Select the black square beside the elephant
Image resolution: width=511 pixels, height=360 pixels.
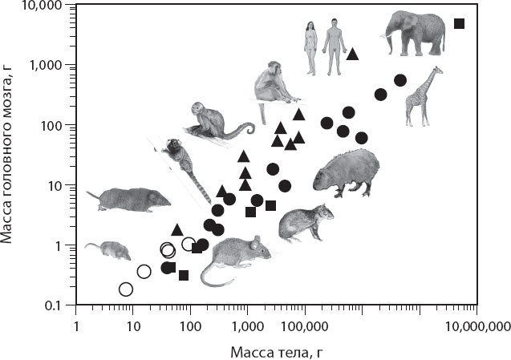(459, 23)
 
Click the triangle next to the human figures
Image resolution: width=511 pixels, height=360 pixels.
(353, 54)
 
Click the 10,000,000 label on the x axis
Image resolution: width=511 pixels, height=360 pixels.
(477, 326)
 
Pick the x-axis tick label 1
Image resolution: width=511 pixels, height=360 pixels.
(76, 326)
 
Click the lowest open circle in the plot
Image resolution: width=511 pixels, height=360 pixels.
(126, 289)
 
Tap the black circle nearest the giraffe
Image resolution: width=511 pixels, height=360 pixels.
(400, 80)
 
